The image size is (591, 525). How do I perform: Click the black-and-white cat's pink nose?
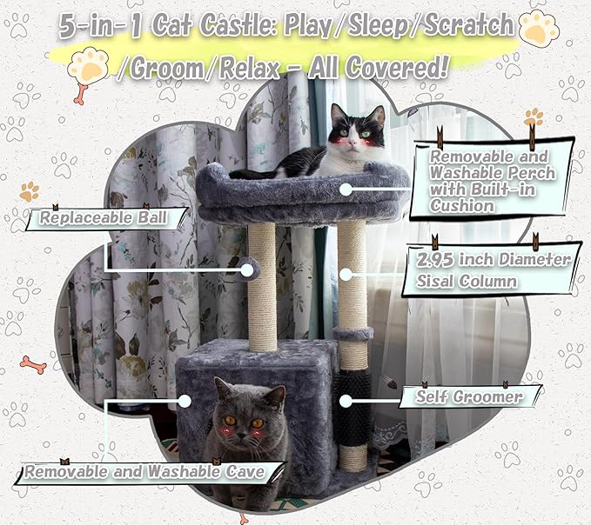pyautogui.click(x=352, y=143)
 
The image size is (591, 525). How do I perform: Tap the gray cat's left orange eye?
pyautogui.click(x=230, y=421)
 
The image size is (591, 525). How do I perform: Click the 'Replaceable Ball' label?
pyautogui.click(x=103, y=218)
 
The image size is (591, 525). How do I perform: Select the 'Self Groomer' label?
pyautogui.click(x=469, y=396)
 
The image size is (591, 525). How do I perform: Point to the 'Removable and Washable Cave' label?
pyautogui.click(x=144, y=472)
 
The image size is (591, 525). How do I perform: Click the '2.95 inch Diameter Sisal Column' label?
pyautogui.click(x=493, y=269)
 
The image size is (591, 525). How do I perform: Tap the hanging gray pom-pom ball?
pyautogui.click(x=251, y=269)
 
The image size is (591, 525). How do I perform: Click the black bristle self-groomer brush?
pyautogui.click(x=352, y=409)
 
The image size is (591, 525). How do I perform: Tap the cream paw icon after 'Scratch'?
pyautogui.click(x=539, y=27)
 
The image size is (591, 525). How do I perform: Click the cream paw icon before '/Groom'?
pyautogui.click(x=89, y=67)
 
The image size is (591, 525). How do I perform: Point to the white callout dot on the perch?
pyautogui.click(x=346, y=189)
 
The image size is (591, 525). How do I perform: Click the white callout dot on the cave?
pyautogui.click(x=185, y=402)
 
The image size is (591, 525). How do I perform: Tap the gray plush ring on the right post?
pyautogui.click(x=353, y=333)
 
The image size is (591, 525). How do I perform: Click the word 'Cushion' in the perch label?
pyautogui.click(x=462, y=206)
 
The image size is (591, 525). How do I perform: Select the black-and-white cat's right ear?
pyautogui.click(x=378, y=115)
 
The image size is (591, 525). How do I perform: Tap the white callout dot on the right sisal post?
pyautogui.click(x=346, y=275)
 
